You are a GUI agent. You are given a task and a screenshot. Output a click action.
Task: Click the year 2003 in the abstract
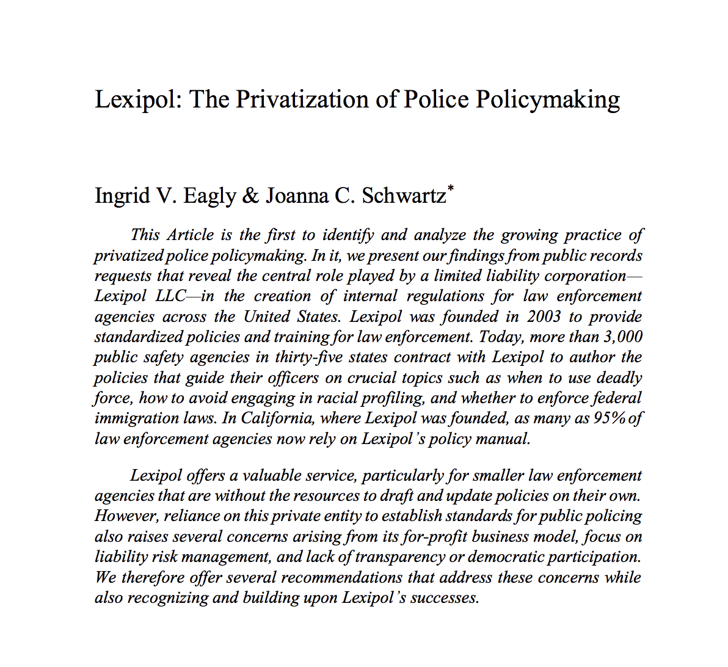(x=544, y=316)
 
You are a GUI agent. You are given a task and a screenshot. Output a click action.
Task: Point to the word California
(x=277, y=418)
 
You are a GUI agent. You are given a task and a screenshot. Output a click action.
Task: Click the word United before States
(x=267, y=316)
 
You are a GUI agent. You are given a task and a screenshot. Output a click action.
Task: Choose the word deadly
(x=619, y=377)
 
